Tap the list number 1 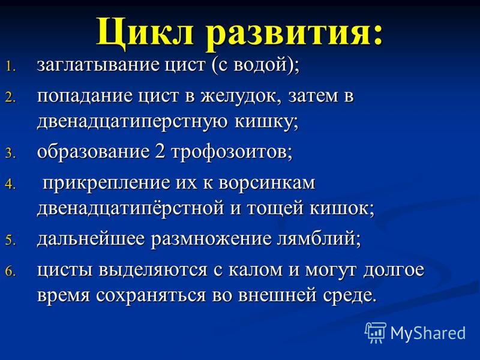(10, 67)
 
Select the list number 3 (10, 153)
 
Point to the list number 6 (10, 272)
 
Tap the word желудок (241, 96)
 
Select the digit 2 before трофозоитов (160, 151)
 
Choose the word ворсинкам (267, 183)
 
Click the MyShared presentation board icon (376, 332)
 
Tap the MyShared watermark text (428, 333)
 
